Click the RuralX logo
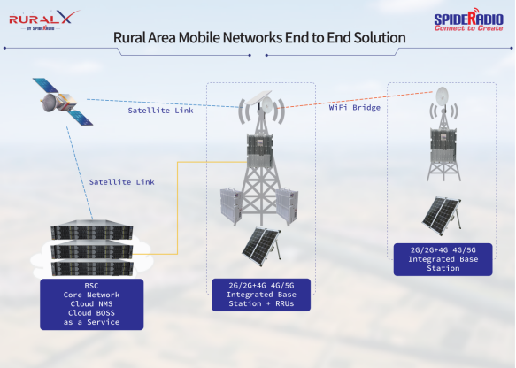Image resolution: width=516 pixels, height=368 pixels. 44,20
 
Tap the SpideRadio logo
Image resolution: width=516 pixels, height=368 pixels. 468,20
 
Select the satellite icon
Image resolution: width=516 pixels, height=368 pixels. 63,102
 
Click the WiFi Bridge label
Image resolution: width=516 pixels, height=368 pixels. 355,108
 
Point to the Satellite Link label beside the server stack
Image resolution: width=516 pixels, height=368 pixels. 122,182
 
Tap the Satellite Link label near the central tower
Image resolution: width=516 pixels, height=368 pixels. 160,111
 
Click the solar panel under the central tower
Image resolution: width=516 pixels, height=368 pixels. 262,246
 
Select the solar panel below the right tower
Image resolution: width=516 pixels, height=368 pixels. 442,216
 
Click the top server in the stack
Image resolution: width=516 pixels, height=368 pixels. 92,229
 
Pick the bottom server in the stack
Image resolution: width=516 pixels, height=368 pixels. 92,267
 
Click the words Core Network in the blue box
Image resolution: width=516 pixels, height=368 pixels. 91,295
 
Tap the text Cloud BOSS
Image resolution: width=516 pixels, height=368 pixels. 91,313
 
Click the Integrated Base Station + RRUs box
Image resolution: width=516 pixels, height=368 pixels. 261,295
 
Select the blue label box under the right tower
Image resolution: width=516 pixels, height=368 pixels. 443,259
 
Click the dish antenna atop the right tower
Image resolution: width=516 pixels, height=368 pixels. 442,96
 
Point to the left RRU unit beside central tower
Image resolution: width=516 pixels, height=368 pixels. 230,205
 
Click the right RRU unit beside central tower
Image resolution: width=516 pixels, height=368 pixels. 288,205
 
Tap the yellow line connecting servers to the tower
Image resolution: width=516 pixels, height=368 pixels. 178,208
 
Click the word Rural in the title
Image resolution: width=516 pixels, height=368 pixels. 129,37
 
